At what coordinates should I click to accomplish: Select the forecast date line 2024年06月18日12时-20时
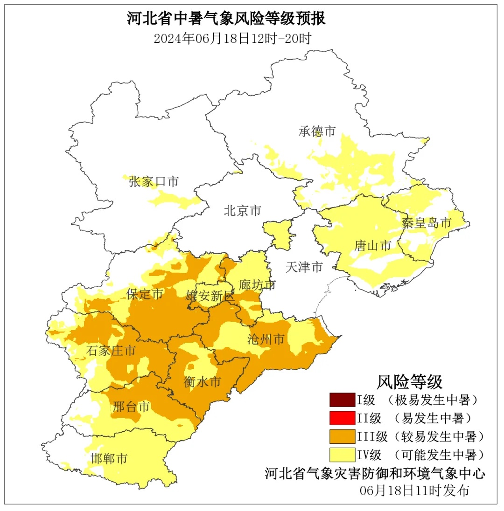[x=232, y=39]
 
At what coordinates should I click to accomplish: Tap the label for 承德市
[x=317, y=131]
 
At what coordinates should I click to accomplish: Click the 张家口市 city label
[x=154, y=182]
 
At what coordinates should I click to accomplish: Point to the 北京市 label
[x=242, y=211]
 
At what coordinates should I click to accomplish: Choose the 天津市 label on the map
[x=304, y=267]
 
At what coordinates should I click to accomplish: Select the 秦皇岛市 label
[x=427, y=223]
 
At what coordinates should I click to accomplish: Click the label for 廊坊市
[x=257, y=284]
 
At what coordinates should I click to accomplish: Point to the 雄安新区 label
[x=210, y=296]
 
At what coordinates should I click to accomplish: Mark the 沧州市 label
[x=266, y=339]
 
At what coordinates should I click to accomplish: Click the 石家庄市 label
[x=111, y=351]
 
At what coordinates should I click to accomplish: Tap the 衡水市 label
[x=202, y=382]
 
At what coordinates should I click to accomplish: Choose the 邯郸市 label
[x=109, y=458]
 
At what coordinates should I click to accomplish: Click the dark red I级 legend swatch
[x=342, y=400]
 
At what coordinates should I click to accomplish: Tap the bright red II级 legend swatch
[x=342, y=418]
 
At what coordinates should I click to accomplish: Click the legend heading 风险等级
[x=409, y=382]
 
